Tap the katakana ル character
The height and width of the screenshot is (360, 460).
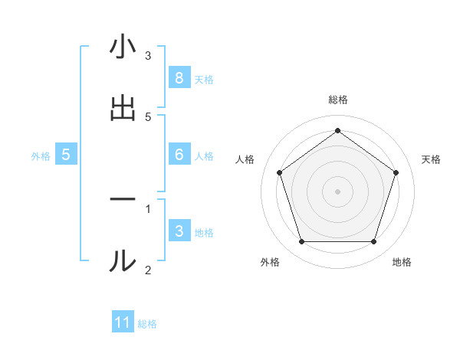click(x=123, y=260)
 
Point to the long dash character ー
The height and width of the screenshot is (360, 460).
click(x=123, y=200)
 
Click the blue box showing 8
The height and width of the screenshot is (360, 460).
click(x=179, y=77)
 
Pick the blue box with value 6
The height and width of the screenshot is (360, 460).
click(x=179, y=154)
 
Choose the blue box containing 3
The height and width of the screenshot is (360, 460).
click(x=179, y=231)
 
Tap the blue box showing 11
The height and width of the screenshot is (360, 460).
click(x=123, y=322)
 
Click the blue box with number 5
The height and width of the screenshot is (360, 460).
click(x=66, y=154)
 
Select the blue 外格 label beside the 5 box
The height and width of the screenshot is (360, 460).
click(x=41, y=155)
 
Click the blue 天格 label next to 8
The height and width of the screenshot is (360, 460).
click(x=204, y=79)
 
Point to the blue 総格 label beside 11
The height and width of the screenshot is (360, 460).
click(x=147, y=324)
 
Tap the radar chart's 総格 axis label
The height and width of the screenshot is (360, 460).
click(x=337, y=100)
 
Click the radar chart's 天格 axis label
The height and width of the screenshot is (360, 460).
click(x=431, y=159)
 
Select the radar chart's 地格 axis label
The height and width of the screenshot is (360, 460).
click(x=402, y=263)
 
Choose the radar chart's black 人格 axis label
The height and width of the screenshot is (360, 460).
click(x=245, y=159)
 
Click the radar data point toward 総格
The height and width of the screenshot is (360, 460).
click(x=337, y=131)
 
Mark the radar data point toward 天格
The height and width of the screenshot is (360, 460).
click(x=396, y=172)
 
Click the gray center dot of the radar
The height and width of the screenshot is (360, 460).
click(x=337, y=191)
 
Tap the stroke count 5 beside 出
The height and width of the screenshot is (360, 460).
click(x=148, y=116)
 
